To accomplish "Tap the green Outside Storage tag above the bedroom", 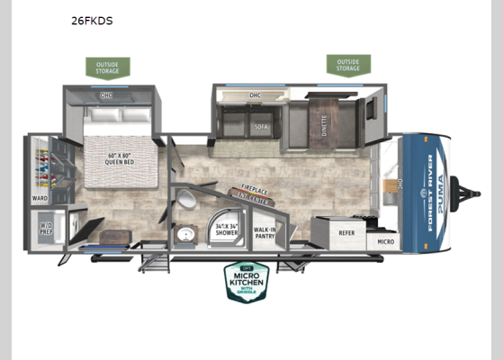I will coord(108,68).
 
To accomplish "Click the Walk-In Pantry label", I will coord(264,232).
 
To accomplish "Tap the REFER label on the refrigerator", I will coord(346,231).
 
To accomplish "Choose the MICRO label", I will coord(385,241).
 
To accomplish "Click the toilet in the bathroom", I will coord(184,200).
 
